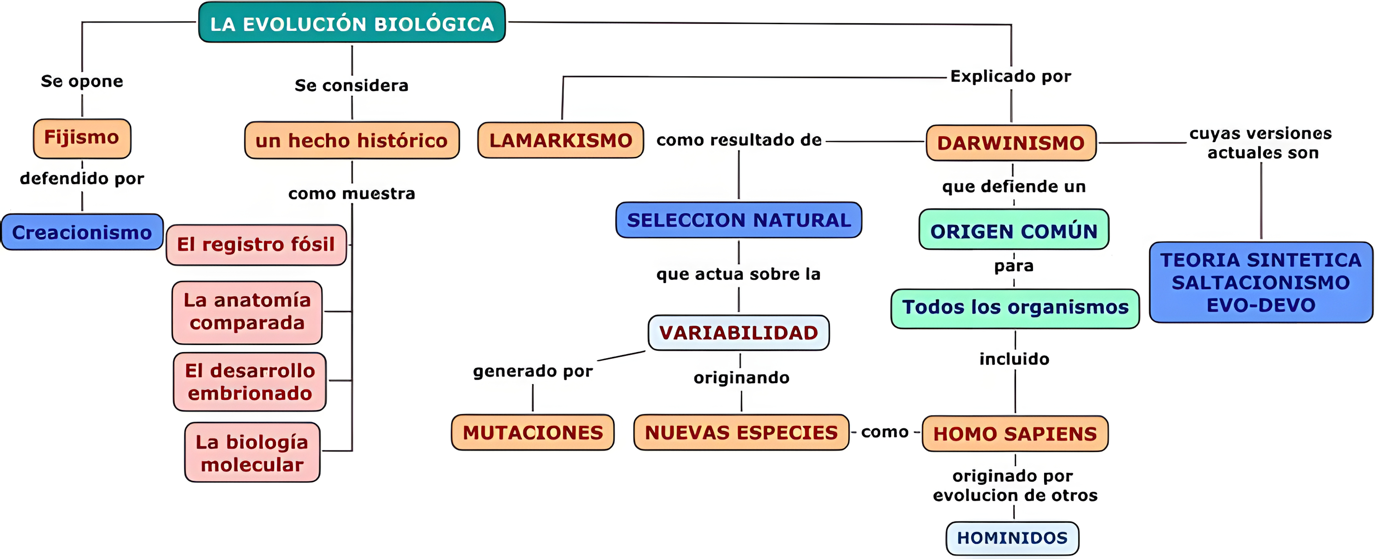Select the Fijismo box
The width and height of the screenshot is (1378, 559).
[x=82, y=138]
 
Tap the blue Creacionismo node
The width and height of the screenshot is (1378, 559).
[x=82, y=232]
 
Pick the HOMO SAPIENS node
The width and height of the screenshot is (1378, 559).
[x=1015, y=433]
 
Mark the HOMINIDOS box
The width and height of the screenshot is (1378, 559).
[x=1012, y=537]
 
